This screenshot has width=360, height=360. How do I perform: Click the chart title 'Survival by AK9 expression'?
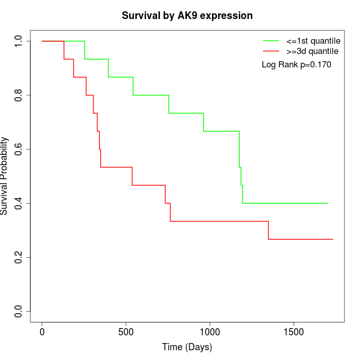[187, 16]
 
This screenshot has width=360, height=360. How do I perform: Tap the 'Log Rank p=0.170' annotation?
[296, 65]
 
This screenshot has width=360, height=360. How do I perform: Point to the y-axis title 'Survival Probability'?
[5, 176]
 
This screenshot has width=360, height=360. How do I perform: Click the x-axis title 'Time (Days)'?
[187, 347]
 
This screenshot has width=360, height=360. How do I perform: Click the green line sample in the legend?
[271, 41]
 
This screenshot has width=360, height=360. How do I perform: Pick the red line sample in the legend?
[271, 51]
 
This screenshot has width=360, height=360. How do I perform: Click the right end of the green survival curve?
[327, 203]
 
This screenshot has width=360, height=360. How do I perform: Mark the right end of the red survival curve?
[332, 239]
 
